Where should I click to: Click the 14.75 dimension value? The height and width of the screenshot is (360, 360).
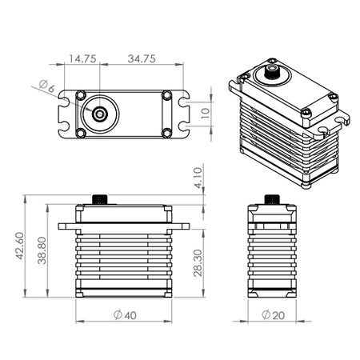[x=82, y=58]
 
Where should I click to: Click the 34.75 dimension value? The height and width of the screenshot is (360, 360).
[x=142, y=58]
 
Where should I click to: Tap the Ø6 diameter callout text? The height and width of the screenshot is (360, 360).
[x=47, y=86]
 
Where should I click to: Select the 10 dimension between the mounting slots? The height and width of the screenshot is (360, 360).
[x=206, y=114]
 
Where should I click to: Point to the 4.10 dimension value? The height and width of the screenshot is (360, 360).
[x=198, y=178]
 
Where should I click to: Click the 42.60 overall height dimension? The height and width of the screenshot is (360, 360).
[x=20, y=246]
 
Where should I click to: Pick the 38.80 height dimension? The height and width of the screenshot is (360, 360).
[x=42, y=250]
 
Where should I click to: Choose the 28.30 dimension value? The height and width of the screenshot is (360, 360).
[x=198, y=262]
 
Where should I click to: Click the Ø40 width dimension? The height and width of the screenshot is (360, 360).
[x=125, y=315]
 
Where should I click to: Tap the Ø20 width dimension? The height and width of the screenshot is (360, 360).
[x=273, y=315]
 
